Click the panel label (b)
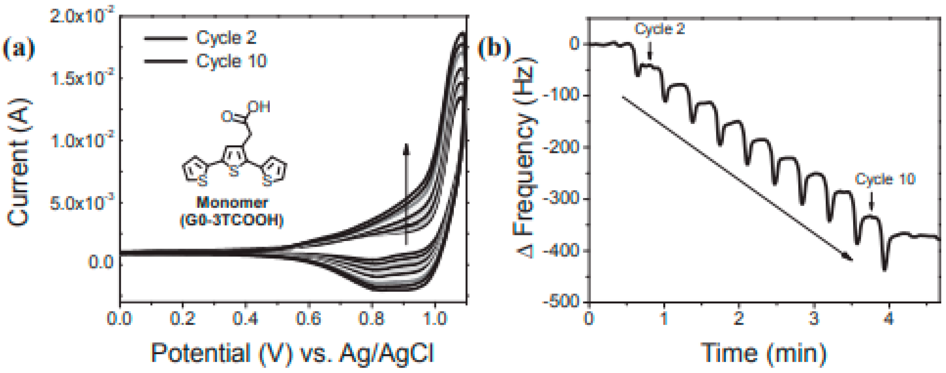pos(494,49)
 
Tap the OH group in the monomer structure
pos(259,107)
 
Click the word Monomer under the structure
pos(232,203)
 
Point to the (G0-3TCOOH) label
pos(232,220)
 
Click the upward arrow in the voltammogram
pos(406,194)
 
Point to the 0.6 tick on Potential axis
pos(308,318)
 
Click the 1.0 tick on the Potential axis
pos(435,318)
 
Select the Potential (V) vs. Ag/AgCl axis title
pos(292,353)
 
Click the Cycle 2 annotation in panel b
pos(660,29)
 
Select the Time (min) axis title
pos(764,353)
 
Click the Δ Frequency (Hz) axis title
pos(524,158)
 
